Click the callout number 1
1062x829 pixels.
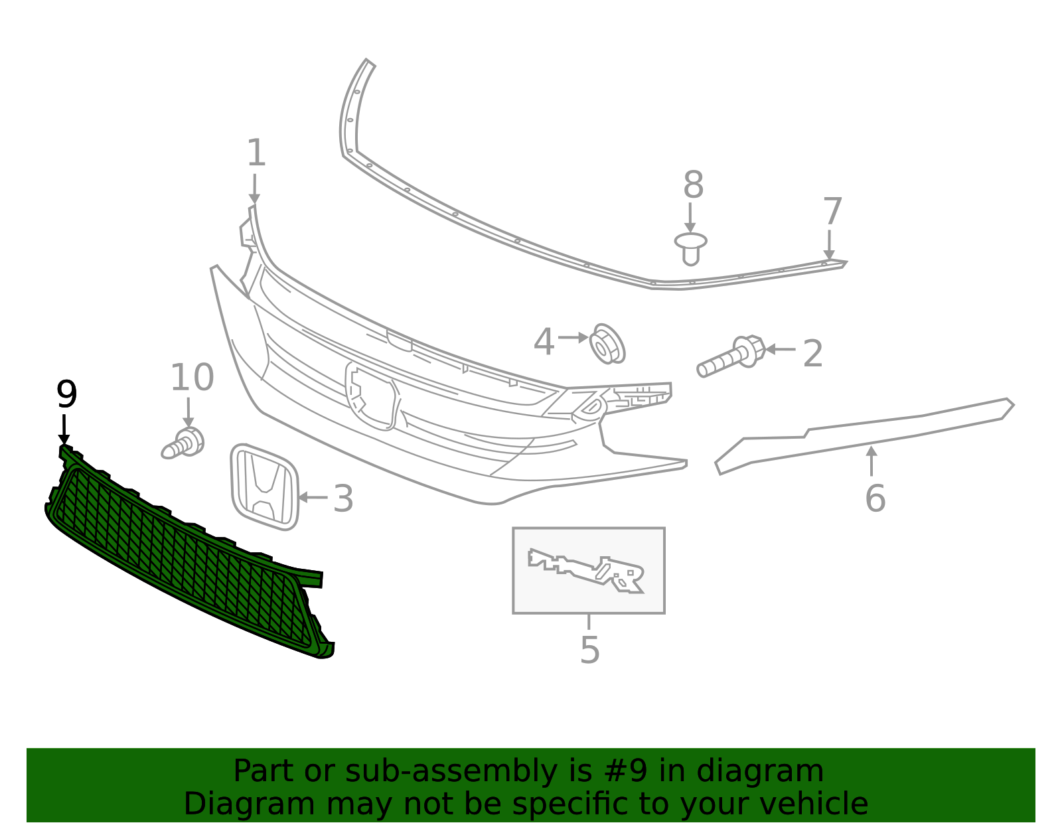click(x=256, y=153)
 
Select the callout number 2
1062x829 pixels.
click(x=812, y=353)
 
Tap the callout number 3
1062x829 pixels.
click(x=342, y=498)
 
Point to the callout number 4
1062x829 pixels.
click(x=544, y=342)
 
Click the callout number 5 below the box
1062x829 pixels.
click(x=589, y=650)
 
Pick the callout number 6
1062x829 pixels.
click(x=875, y=498)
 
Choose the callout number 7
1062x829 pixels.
click(x=832, y=212)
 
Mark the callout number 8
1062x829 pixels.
click(x=693, y=185)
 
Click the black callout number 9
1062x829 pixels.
click(x=66, y=395)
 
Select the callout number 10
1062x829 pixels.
click(x=192, y=378)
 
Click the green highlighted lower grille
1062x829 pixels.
click(x=186, y=558)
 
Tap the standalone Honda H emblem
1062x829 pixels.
click(x=264, y=488)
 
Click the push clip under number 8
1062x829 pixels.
click(x=691, y=248)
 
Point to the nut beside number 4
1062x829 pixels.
click(x=607, y=344)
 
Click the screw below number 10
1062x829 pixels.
click(x=183, y=443)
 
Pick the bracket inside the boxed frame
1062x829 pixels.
click(x=587, y=570)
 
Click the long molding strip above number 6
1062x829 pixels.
click(x=863, y=431)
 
